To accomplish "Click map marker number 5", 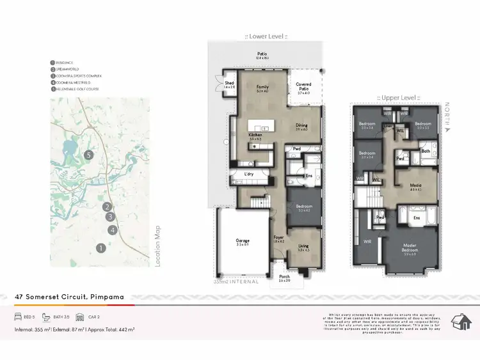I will tap(90, 155).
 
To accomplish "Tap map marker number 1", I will tap(100, 247).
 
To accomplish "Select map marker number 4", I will tap(112, 230).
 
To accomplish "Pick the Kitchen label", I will tap(255, 136).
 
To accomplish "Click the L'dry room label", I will tap(249, 174).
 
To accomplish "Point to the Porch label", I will tap(284, 278).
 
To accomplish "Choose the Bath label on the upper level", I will tap(426, 151).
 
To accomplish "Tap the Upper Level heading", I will tap(397, 97).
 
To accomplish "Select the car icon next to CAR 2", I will tap(80, 317).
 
